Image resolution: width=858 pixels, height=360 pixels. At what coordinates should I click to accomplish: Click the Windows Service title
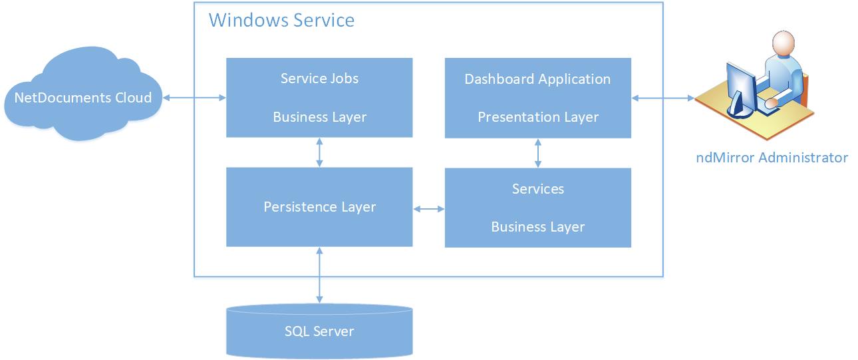click(281, 21)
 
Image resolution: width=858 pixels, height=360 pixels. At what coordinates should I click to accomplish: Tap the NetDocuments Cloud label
click(83, 98)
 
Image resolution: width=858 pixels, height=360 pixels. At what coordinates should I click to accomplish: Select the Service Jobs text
click(319, 79)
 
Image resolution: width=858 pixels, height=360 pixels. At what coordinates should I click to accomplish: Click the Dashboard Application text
click(537, 80)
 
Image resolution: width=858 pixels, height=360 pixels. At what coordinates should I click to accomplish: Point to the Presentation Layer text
click(538, 117)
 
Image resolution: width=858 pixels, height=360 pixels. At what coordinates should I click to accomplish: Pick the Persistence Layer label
click(319, 208)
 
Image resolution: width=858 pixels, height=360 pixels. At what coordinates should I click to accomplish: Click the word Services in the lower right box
click(538, 189)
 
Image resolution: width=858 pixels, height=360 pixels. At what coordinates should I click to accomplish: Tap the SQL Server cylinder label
click(319, 331)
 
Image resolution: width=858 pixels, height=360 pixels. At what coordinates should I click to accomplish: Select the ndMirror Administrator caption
click(772, 158)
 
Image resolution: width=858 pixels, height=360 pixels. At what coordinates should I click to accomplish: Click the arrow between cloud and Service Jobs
click(194, 98)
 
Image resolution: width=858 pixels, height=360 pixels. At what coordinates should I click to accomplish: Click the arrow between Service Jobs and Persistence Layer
click(319, 152)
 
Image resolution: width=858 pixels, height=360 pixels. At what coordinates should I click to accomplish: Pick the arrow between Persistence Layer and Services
click(428, 209)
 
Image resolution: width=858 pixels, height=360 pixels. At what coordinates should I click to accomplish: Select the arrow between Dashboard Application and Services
click(538, 153)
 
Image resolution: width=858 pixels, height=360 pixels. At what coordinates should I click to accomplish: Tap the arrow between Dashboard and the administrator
click(662, 98)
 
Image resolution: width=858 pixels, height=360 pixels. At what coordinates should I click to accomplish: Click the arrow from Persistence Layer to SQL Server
click(319, 275)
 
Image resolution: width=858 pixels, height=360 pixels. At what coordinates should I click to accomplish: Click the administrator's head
click(783, 43)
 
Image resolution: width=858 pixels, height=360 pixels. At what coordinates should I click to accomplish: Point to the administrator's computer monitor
click(741, 90)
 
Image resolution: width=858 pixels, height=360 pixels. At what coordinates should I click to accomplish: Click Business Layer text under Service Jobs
click(319, 117)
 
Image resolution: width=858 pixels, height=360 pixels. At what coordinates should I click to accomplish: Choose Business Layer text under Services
click(538, 227)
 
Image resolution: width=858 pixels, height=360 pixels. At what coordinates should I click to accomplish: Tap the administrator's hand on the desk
click(771, 102)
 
